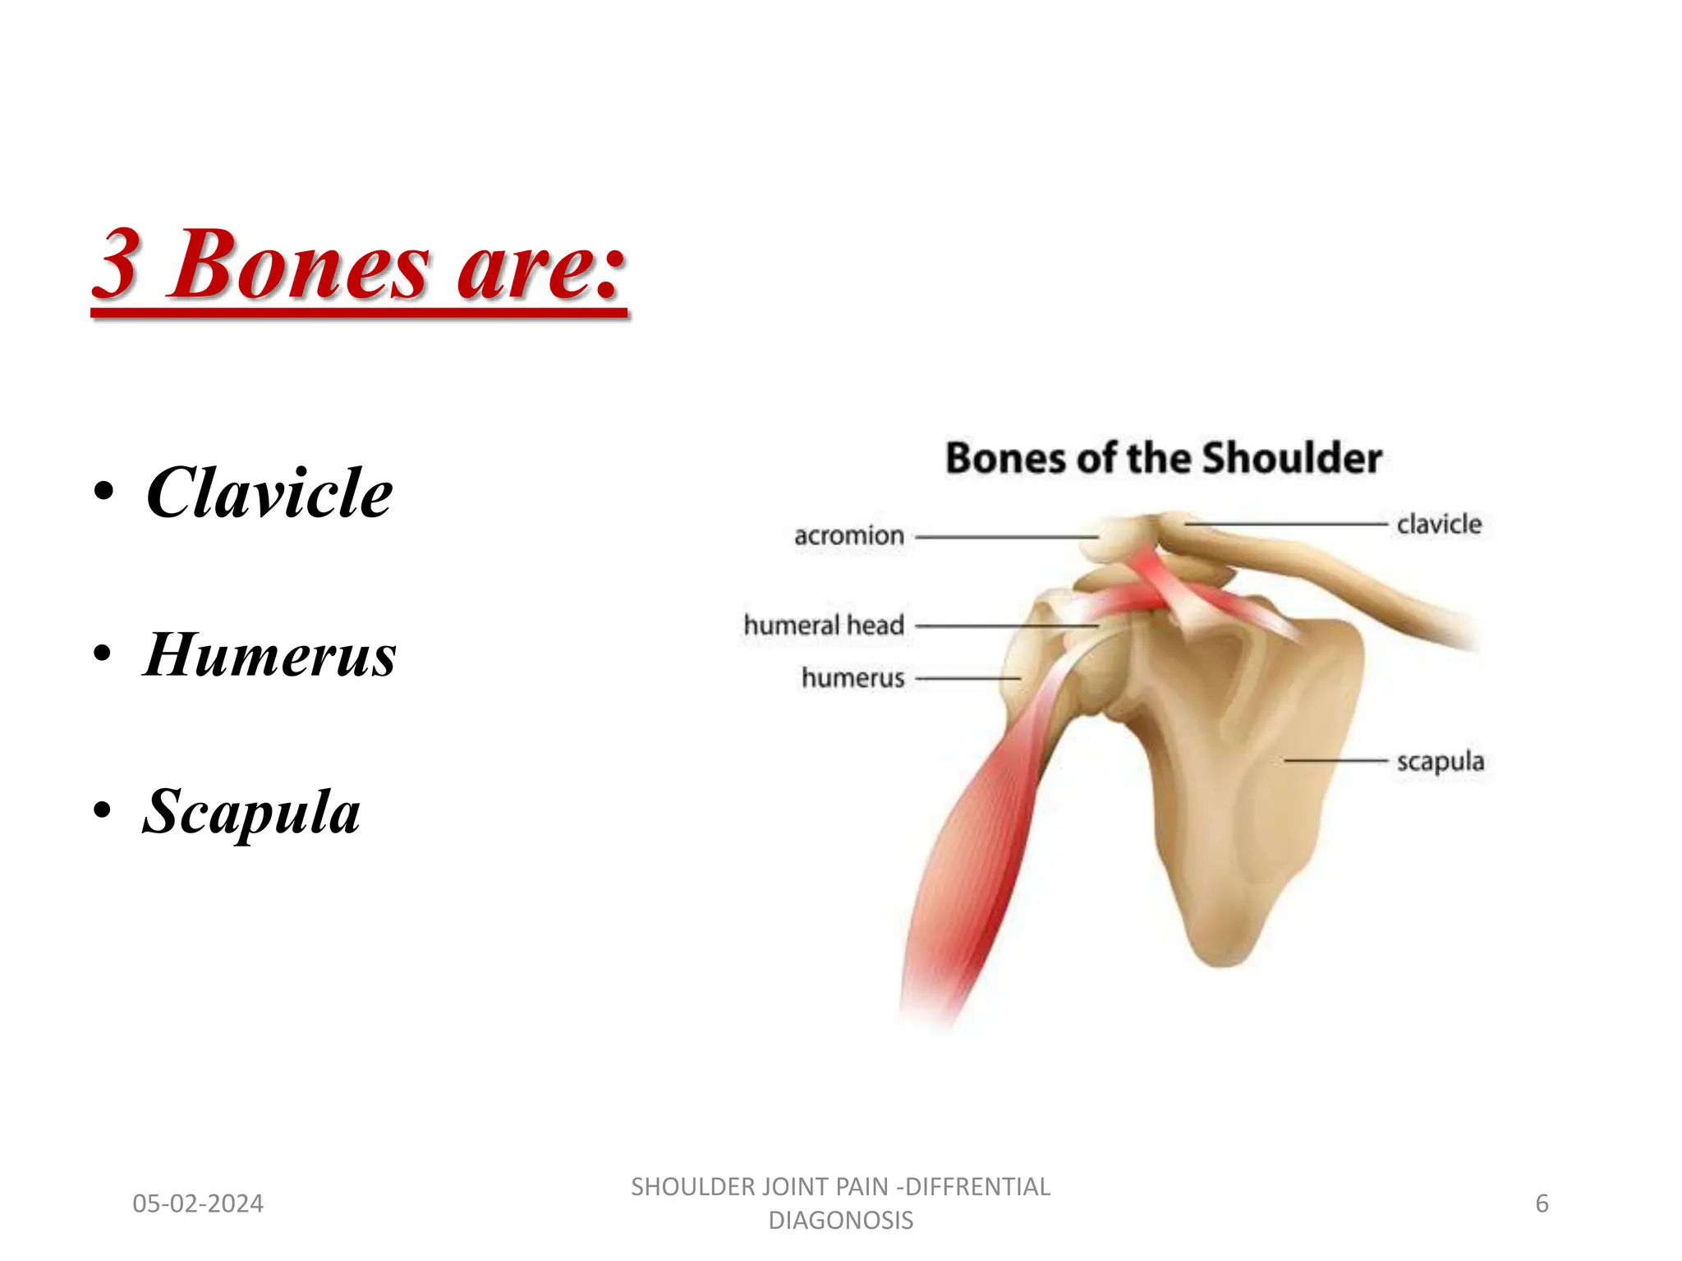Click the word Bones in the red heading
299,264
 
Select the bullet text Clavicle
269,493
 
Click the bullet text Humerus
270,655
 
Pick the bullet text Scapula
251,811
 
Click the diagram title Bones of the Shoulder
1163,458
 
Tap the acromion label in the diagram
849,536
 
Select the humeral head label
824,626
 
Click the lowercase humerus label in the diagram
852,678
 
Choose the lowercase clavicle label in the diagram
1439,524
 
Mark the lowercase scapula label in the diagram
1441,762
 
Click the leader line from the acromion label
1006,537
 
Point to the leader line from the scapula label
1335,761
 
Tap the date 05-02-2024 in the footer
198,1204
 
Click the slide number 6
1542,1204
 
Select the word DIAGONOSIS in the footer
840,1221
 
